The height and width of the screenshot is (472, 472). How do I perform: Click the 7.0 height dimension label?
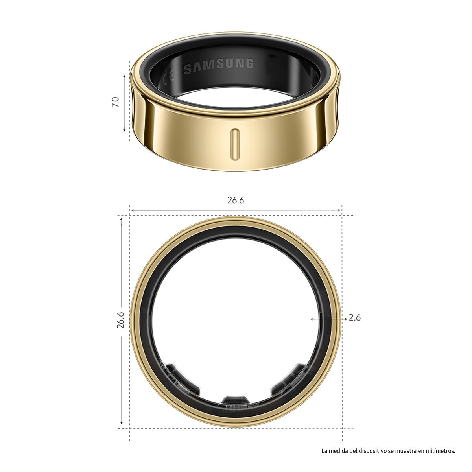coord(115,102)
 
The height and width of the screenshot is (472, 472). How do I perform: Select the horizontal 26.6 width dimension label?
coord(236,200)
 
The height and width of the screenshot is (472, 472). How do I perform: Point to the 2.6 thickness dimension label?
coord(355,318)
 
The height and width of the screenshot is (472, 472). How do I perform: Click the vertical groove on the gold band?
coord(235,144)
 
